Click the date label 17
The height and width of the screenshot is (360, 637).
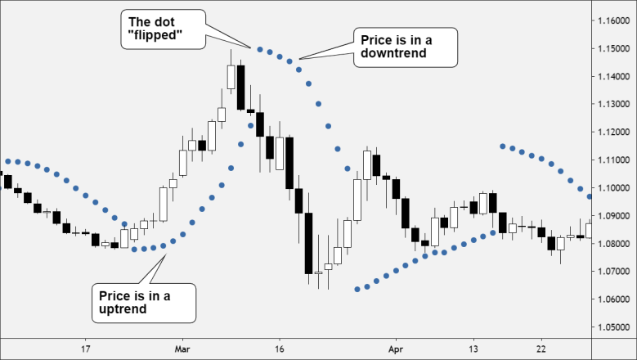(85, 348)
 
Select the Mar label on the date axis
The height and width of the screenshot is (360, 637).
(182, 348)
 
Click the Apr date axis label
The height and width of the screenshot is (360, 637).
(396, 348)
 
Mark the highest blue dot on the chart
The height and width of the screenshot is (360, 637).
(260, 50)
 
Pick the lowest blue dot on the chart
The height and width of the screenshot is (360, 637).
(357, 289)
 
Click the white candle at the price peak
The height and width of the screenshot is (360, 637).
(231, 77)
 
